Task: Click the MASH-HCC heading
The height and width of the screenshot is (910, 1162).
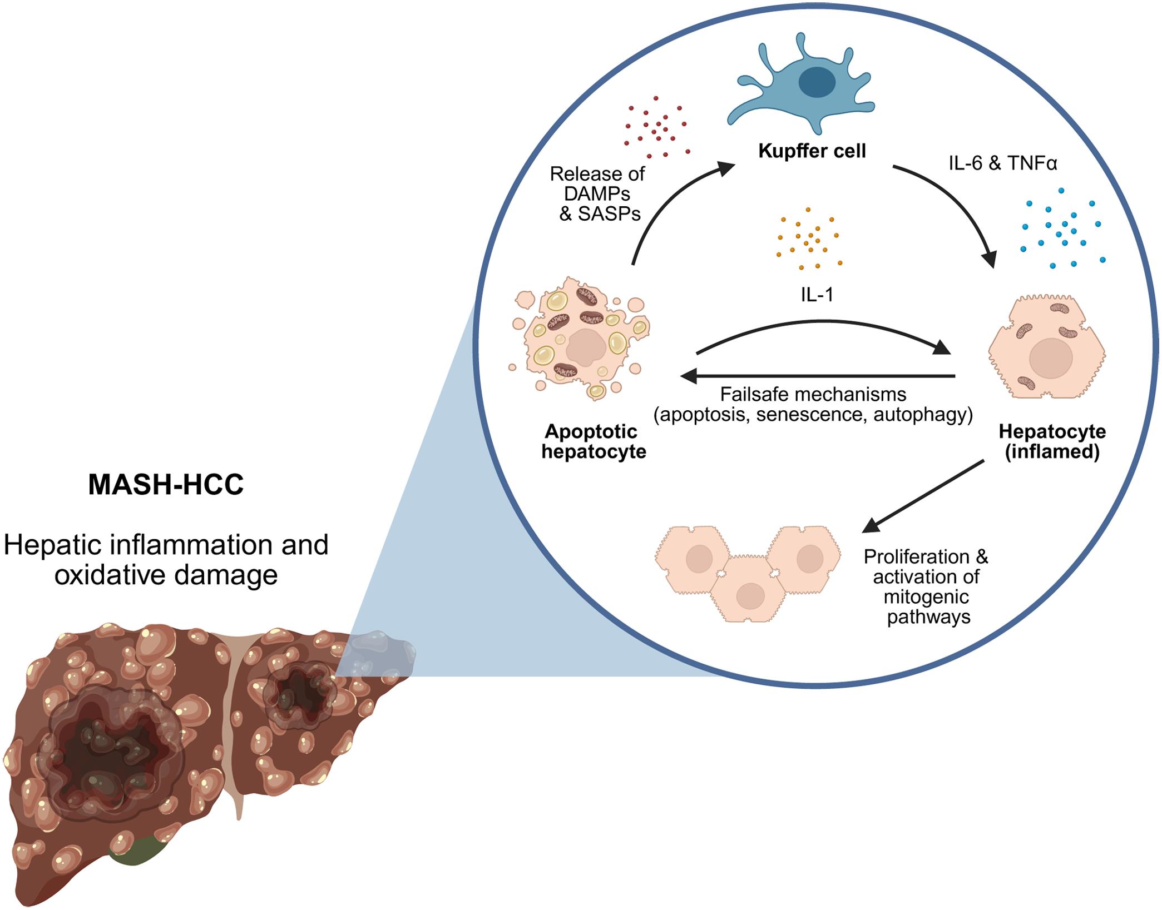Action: [166, 485]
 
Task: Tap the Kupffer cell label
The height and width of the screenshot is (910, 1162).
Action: [812, 151]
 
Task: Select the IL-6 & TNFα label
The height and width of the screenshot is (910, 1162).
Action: [1002, 164]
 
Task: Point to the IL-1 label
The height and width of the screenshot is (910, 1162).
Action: [817, 295]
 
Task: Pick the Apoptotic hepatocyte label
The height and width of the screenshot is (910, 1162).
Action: [594, 441]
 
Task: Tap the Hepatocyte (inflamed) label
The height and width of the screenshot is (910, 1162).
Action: [1052, 441]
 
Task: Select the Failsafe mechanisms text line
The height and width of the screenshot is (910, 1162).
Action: [813, 395]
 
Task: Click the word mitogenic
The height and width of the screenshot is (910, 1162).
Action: [926, 598]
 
